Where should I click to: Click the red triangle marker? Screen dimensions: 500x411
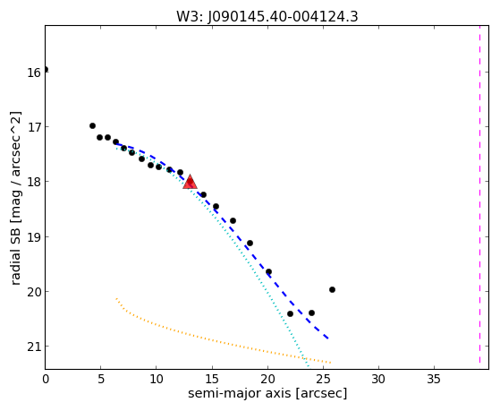point(190,182)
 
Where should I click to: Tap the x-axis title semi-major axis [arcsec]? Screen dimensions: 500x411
point(267,393)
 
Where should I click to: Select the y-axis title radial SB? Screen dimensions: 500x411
point(15,257)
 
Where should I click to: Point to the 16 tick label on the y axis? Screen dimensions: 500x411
point(33,73)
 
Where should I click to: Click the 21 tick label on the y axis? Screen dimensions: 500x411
point(33,347)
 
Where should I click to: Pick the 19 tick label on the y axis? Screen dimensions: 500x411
point(33,237)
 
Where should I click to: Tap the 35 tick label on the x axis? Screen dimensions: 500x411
point(434,380)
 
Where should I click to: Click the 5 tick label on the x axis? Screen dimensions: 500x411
point(101,380)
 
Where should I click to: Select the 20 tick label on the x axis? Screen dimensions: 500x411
point(267,380)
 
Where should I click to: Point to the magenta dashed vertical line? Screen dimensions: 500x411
point(479,194)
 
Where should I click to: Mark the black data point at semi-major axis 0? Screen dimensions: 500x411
point(46,69)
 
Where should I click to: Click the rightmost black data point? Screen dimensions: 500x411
point(332,289)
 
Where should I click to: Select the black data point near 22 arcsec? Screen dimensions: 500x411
point(290,314)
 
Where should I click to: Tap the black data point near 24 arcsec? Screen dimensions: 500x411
point(311,313)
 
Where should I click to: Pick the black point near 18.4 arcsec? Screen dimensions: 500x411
point(250,243)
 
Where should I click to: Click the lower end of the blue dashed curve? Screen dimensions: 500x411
point(328,338)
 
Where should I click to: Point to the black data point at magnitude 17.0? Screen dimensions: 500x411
point(92,126)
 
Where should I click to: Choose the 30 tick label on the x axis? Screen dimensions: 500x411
point(378,380)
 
